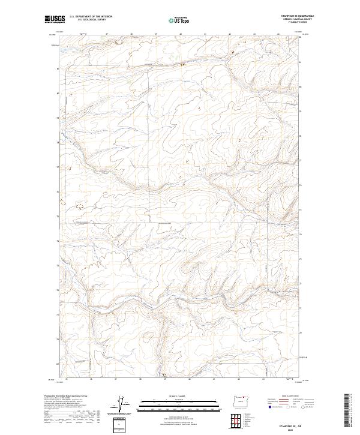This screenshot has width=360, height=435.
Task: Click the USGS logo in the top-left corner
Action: (x=55, y=19)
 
